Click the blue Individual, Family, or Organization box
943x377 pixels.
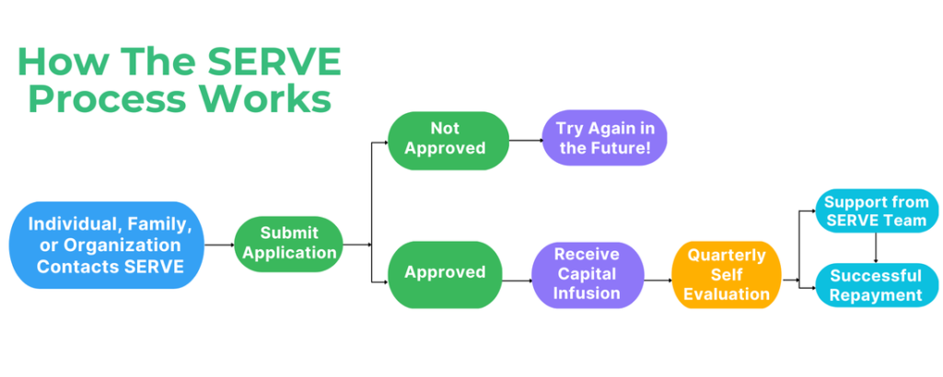pos(107,245)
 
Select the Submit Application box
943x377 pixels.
pos(288,245)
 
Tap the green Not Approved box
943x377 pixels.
pos(448,141)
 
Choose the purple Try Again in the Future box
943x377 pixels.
pos(604,138)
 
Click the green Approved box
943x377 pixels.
pos(445,274)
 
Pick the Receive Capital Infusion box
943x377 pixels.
pos(588,274)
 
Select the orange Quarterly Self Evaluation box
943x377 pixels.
pos(727,274)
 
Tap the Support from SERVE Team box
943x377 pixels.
pos(877,211)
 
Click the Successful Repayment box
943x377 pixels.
pos(877,285)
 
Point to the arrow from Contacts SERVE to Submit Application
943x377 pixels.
pos(219,245)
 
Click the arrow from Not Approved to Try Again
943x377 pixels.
pos(526,141)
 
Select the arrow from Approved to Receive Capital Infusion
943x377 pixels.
pos(517,280)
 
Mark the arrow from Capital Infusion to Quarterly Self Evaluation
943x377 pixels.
pos(658,280)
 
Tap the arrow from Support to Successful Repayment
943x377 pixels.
pos(876,248)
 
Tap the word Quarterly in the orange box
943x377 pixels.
pos(727,255)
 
